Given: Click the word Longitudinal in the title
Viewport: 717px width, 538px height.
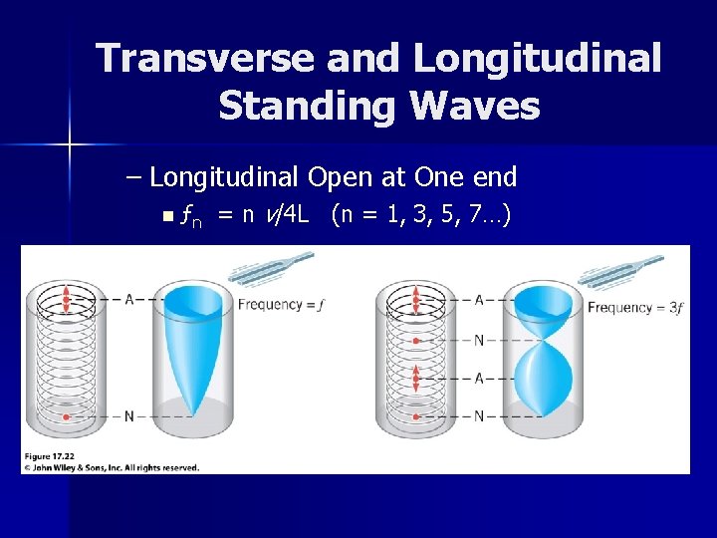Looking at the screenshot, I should [537, 59].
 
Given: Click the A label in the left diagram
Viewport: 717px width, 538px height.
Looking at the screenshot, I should [129, 299].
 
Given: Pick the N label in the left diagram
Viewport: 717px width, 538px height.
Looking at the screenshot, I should [129, 416].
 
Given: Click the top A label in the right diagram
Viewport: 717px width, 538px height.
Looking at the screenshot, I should [479, 299].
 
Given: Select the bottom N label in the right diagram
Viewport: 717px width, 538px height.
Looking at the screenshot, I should [479, 416].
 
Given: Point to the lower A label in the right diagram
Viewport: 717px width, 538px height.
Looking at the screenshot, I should [479, 378].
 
